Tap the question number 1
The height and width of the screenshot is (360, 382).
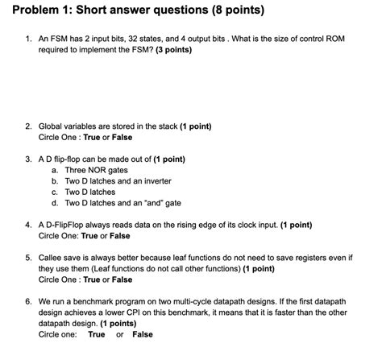coord(27,37)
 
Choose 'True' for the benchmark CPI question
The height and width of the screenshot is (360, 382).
coord(97,334)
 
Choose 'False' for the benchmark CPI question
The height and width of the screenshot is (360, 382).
coord(143,334)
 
